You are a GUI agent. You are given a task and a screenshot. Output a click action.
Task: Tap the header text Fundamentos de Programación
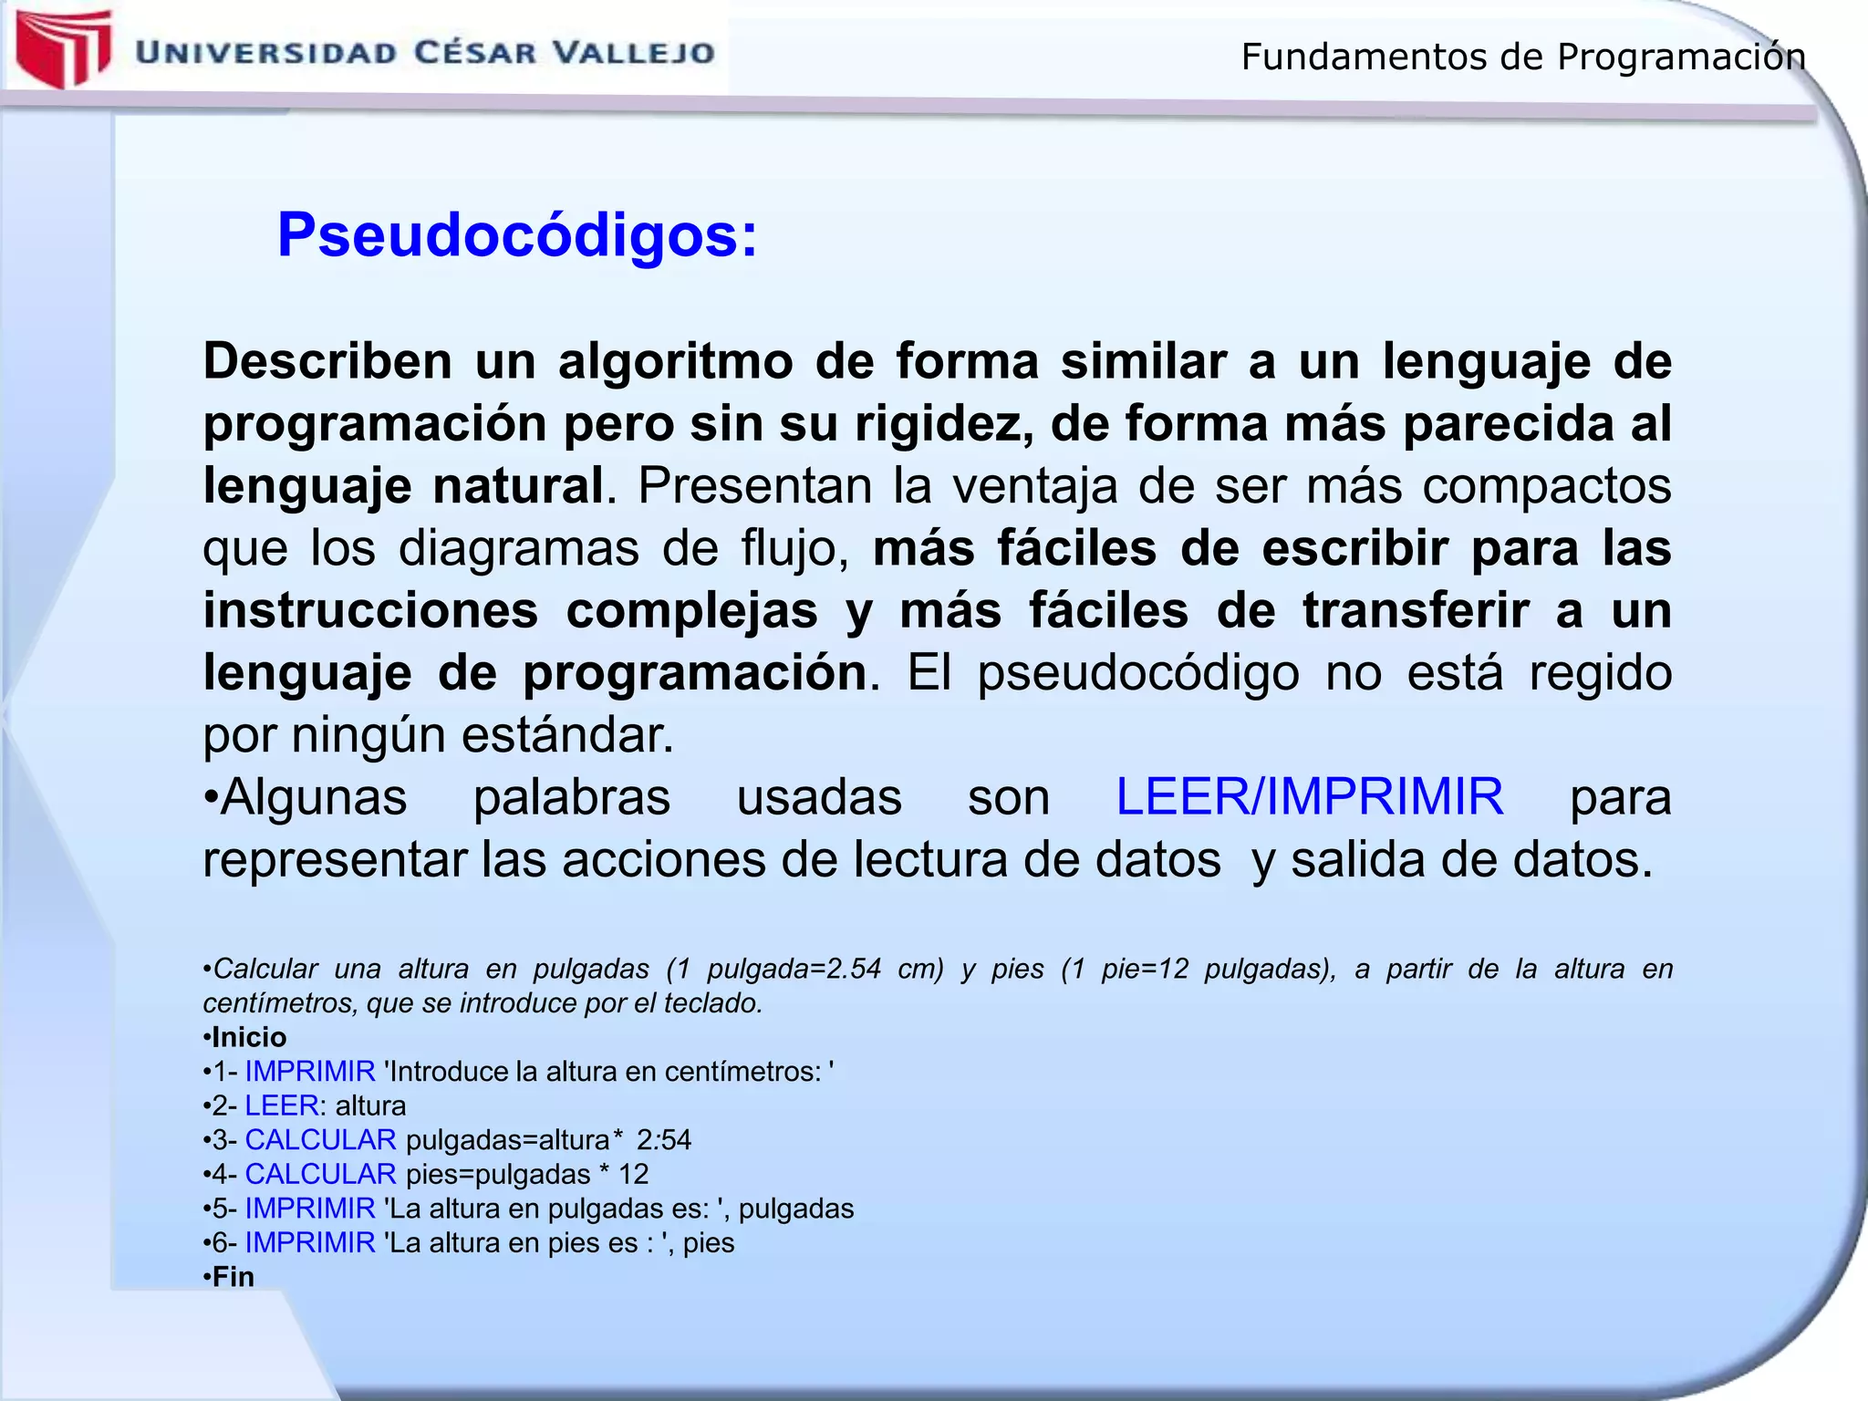[1522, 57]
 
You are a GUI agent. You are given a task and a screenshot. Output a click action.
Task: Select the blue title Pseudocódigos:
[517, 235]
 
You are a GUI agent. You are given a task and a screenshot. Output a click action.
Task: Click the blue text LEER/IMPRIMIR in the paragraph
[1310, 797]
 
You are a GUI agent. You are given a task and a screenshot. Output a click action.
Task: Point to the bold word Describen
[327, 361]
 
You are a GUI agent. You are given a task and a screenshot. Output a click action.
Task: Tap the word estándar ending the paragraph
[567, 735]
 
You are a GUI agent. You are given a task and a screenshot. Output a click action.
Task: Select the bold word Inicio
[249, 1037]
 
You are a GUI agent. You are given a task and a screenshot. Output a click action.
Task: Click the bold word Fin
[233, 1277]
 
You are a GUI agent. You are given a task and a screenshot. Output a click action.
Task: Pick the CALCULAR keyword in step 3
[320, 1140]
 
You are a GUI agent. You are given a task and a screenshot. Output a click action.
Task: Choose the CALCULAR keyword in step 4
[320, 1174]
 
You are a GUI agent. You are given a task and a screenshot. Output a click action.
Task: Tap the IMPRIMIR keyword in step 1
[310, 1072]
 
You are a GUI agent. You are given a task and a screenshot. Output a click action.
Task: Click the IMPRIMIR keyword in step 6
[310, 1242]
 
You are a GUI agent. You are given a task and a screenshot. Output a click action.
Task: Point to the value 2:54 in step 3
[664, 1140]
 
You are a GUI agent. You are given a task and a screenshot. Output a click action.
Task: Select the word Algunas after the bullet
[313, 797]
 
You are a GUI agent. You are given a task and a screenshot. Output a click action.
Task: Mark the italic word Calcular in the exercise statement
[265, 969]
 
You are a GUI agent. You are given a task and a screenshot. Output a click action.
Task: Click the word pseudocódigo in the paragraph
[1138, 673]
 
